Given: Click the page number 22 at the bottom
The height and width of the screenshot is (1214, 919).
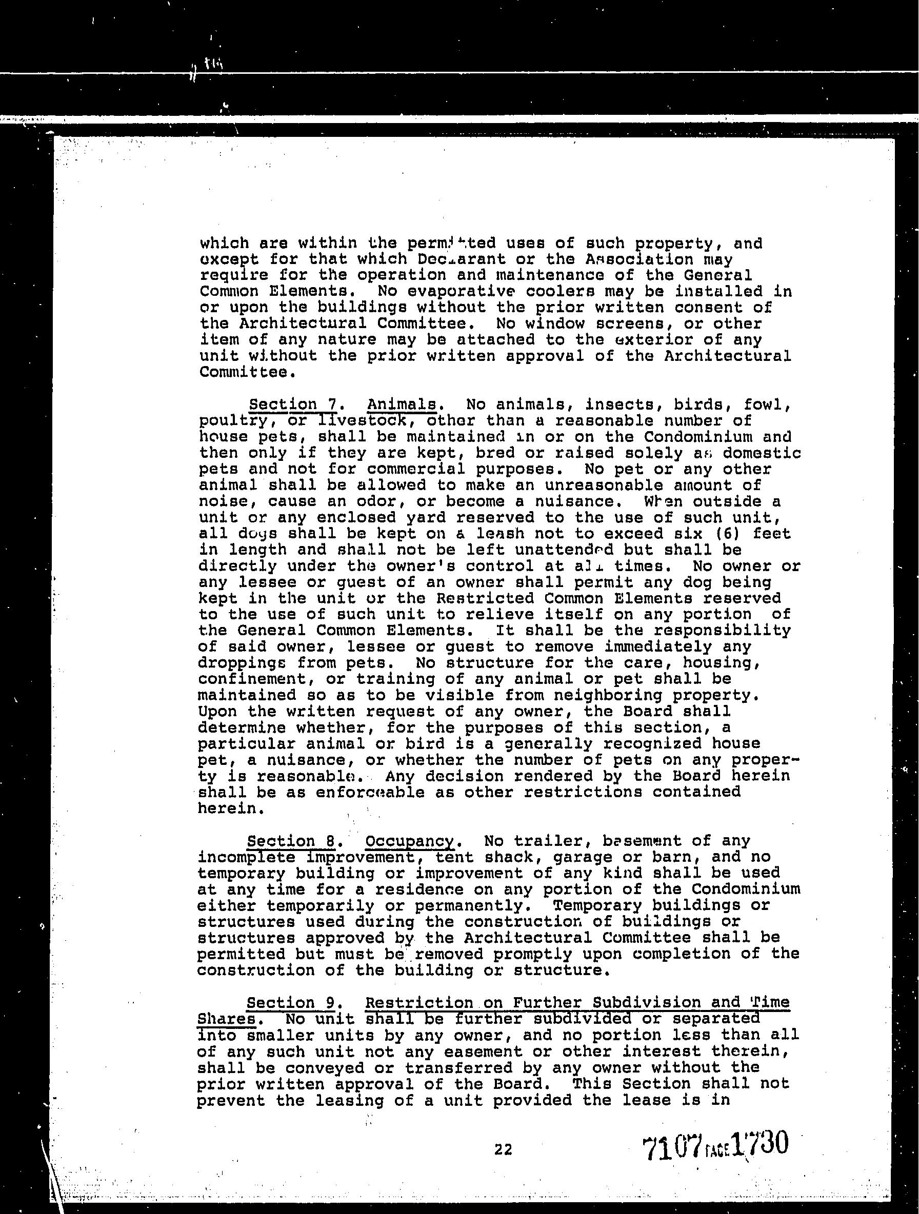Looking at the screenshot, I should (503, 1149).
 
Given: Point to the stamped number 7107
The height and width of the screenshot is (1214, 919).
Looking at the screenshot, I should (672, 1147).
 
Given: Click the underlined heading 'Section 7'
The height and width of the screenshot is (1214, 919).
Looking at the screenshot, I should (293, 404).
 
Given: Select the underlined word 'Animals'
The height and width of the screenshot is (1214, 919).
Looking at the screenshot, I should (402, 404).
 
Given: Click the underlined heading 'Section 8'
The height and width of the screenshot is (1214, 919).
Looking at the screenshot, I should (291, 841).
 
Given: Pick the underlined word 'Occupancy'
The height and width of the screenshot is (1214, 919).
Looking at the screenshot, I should (410, 841).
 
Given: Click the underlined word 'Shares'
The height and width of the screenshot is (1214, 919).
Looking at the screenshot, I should (226, 1019).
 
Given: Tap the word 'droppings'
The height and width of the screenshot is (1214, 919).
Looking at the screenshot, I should (242, 663).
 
